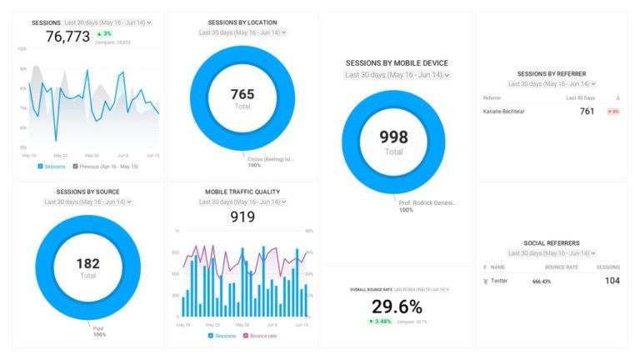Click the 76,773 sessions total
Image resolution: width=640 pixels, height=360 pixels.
(x=67, y=37)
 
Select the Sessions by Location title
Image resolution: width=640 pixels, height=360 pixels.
(x=242, y=22)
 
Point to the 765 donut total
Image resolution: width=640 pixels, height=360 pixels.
(x=242, y=94)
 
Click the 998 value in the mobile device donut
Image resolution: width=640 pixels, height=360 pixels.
(x=393, y=138)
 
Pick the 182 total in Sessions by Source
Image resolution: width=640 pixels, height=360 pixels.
(x=87, y=264)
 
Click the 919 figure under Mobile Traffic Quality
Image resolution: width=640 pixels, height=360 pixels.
(x=242, y=217)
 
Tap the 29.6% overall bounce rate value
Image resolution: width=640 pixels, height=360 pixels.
(x=397, y=307)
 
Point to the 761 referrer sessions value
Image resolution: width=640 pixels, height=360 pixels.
(x=587, y=111)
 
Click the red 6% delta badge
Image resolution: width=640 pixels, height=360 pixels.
(x=612, y=111)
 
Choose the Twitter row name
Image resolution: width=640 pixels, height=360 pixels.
(x=498, y=281)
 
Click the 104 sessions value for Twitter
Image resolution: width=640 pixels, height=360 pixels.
(x=612, y=281)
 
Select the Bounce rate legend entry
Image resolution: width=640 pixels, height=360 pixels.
(x=261, y=335)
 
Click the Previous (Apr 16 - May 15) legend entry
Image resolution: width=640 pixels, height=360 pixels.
(x=106, y=166)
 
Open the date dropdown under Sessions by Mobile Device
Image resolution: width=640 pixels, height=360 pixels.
(x=397, y=75)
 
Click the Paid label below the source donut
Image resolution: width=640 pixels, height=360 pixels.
(x=98, y=327)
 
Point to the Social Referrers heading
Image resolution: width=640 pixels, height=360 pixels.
(x=552, y=243)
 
